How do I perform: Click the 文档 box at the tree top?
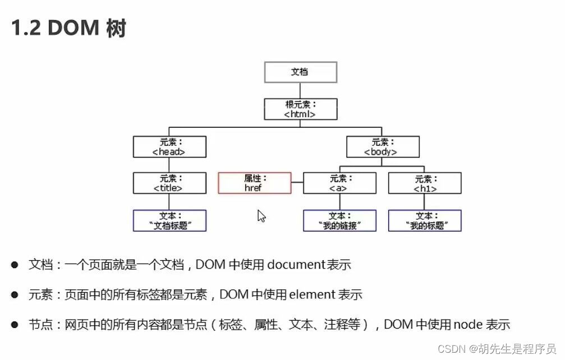[x=300, y=72]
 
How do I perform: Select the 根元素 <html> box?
[x=300, y=109]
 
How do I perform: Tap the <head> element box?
[x=169, y=147]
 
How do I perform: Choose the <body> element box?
[x=383, y=147]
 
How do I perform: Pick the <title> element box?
[x=169, y=183]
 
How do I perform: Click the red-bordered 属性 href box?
[x=255, y=183]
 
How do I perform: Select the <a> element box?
[x=339, y=183]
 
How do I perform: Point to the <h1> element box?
[x=425, y=183]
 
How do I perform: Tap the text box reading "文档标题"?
[x=169, y=220]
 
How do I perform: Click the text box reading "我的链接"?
[x=339, y=220]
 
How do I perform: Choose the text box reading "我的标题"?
[x=425, y=220]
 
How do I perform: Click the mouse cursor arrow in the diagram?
[x=261, y=216]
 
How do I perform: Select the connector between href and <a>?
[x=297, y=183]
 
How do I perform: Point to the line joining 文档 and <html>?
[x=300, y=91]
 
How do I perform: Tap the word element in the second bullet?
[x=311, y=294]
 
